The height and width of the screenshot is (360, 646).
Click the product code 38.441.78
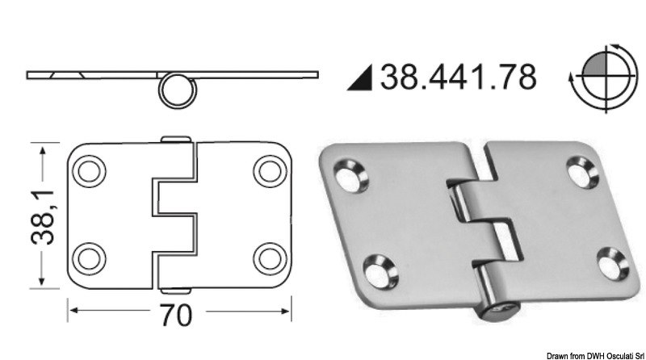(458, 77)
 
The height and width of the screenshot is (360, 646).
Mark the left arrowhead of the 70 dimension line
(71, 309)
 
